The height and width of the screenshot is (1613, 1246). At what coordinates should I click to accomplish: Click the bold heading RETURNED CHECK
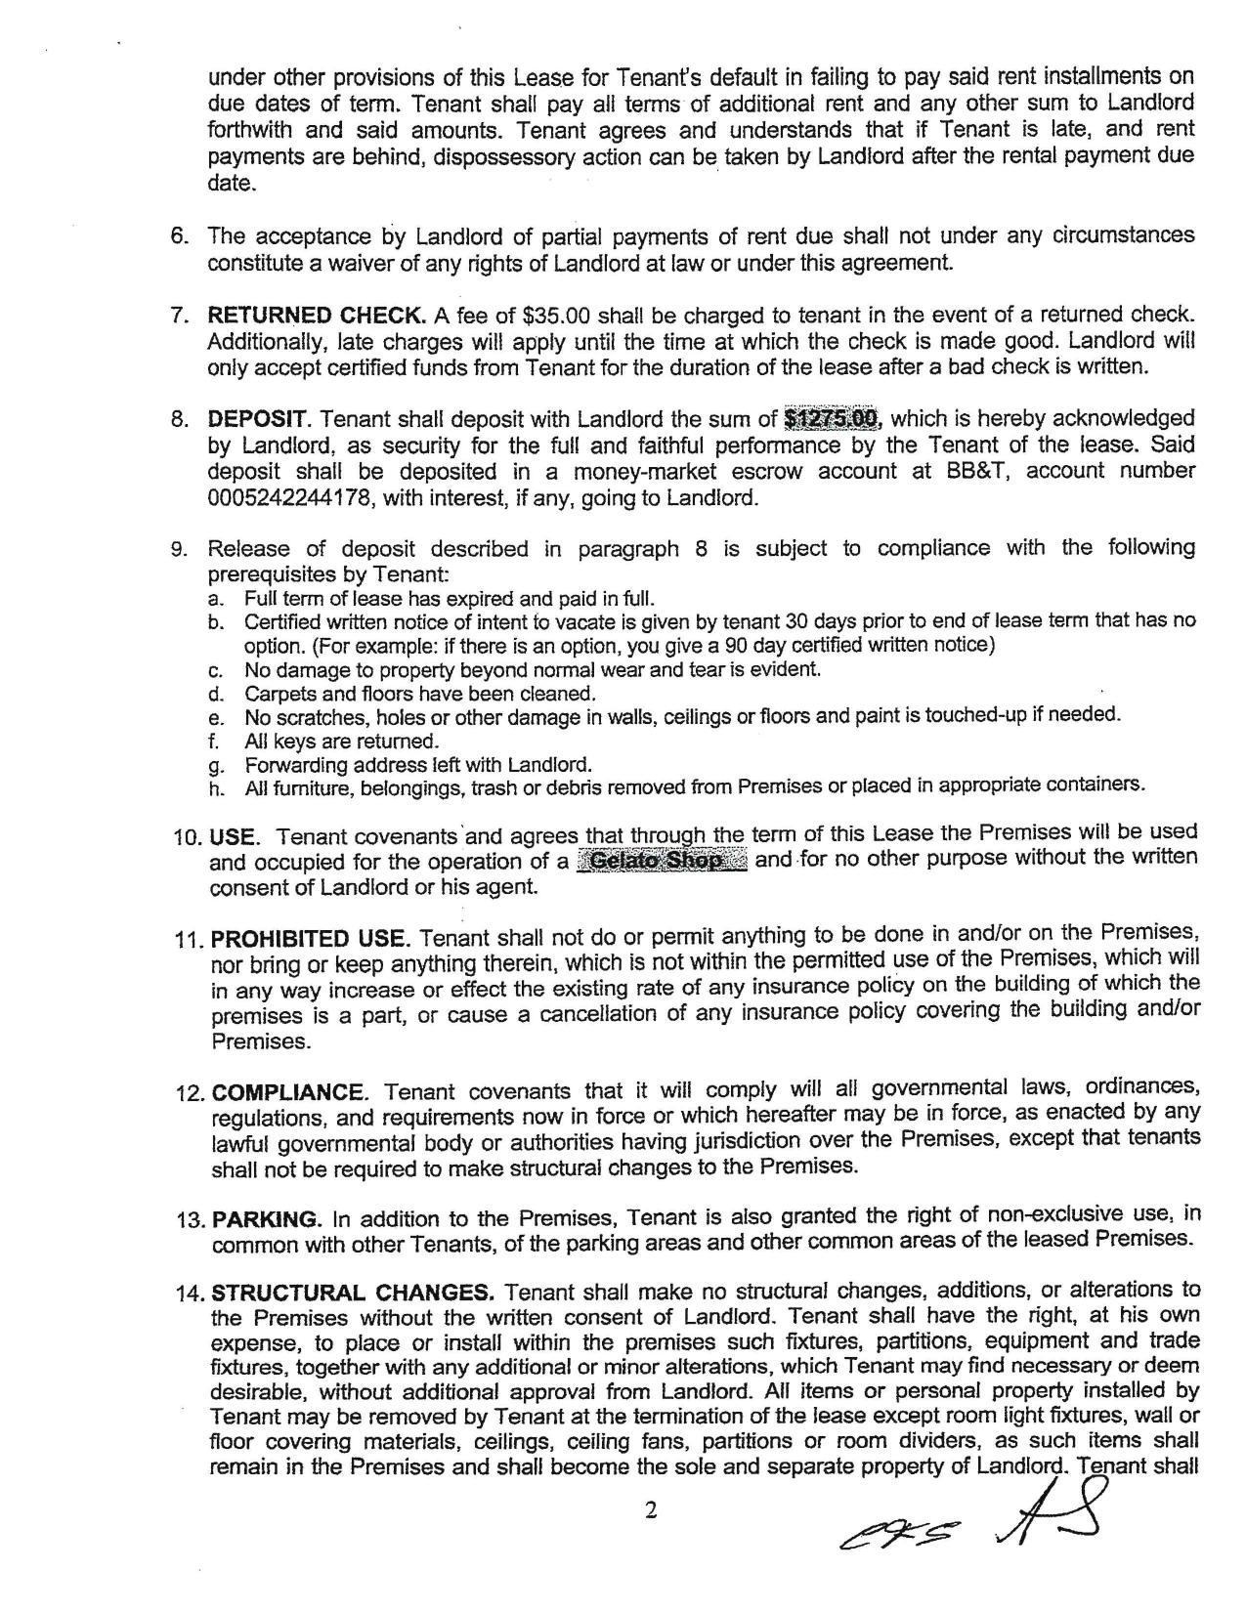click(x=316, y=316)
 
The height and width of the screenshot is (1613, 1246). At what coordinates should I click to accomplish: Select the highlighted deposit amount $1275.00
click(x=832, y=419)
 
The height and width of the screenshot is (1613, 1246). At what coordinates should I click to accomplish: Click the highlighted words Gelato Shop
click(x=662, y=862)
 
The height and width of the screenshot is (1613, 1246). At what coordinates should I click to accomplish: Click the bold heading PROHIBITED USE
click(x=309, y=940)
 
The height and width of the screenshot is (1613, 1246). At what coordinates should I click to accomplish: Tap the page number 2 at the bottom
click(x=652, y=1510)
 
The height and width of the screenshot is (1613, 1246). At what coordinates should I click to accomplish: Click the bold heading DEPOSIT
click(x=258, y=420)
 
